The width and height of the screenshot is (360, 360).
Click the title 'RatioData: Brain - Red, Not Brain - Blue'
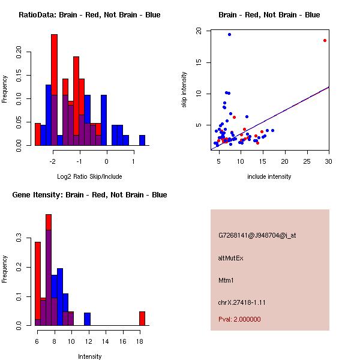[x=89, y=15]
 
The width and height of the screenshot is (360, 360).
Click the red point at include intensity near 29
[x=325, y=40]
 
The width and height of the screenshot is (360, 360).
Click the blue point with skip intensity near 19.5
[x=229, y=35]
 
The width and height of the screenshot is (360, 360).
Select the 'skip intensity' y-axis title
[x=185, y=90]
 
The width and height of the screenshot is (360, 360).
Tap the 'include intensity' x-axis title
[x=269, y=176]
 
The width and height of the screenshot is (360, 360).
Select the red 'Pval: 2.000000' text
[x=239, y=319]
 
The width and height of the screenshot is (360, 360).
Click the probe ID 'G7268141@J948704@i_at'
[x=257, y=235]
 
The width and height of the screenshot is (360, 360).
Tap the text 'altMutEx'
[x=231, y=258]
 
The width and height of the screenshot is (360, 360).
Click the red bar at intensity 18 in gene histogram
[x=142, y=318]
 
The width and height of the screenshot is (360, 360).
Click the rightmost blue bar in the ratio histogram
[x=142, y=140]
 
